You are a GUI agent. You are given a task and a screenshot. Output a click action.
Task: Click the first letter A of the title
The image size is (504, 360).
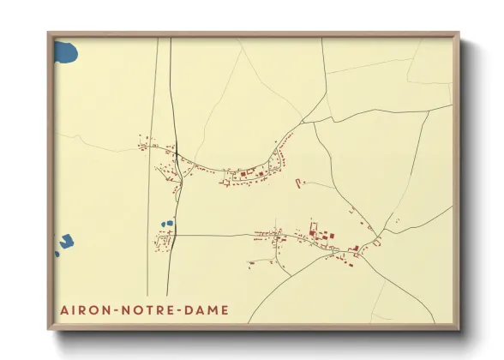click(x=63, y=309)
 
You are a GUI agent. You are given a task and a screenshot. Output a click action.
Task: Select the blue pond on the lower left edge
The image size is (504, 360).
click(x=65, y=243)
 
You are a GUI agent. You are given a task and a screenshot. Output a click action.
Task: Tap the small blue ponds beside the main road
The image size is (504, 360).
click(x=167, y=225)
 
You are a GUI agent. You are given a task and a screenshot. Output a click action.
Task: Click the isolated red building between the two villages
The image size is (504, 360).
click(x=298, y=182)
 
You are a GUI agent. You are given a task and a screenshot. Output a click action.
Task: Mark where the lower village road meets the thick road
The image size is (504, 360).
click(x=176, y=235)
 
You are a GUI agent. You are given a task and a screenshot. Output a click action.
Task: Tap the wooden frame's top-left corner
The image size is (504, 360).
click(x=50, y=34)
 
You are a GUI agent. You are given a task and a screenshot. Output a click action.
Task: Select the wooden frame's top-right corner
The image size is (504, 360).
click(x=458, y=34)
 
